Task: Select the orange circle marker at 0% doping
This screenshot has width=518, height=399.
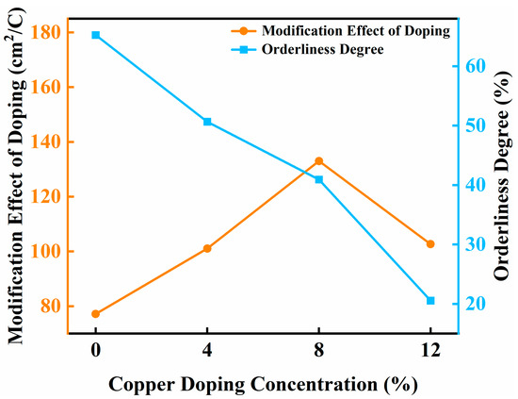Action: point(95,313)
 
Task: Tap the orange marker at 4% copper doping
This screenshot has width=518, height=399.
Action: point(207,248)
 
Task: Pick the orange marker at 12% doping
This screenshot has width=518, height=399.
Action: point(430,243)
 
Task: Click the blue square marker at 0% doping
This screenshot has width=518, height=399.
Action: point(95,35)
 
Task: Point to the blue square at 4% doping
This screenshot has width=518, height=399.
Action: point(207,122)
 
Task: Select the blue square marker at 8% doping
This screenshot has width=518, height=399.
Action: point(318,179)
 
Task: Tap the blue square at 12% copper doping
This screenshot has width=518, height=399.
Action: point(430,300)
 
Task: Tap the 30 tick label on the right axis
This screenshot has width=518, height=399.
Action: point(478,244)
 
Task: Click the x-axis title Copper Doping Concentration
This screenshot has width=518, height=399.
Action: point(262,384)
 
